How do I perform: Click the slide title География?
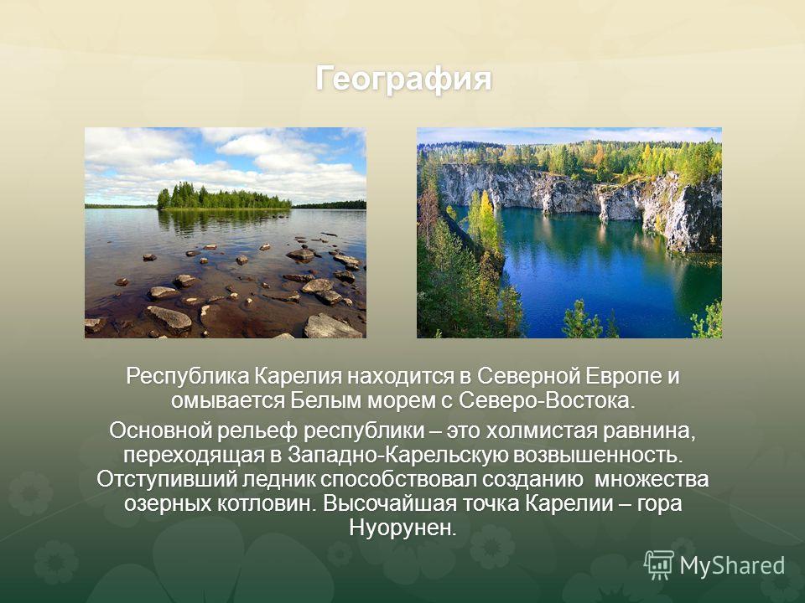coord(403,79)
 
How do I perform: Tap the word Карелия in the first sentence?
coord(299,376)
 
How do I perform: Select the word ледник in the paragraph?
coord(278,479)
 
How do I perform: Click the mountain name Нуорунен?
coord(402,528)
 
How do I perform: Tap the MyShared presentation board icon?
coord(659,565)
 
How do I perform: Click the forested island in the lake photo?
coord(224,198)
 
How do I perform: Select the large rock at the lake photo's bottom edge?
coord(333,327)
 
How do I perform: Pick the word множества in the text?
coord(652,479)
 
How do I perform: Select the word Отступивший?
coord(167,479)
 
